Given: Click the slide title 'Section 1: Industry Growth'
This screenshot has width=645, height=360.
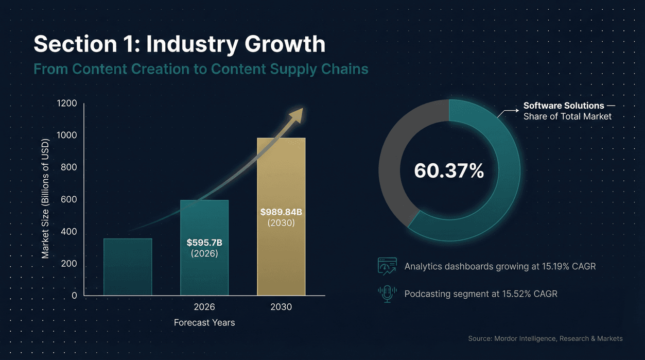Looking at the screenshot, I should (179, 44).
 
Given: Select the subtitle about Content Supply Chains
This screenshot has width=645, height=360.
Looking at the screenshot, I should (201, 68).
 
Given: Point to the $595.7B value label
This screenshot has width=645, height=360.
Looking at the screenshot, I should (204, 242).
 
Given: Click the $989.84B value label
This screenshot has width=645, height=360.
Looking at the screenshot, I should (281, 212).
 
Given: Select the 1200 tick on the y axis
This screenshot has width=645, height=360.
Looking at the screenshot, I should (67, 104).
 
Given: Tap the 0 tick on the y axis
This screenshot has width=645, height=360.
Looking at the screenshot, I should (74, 296).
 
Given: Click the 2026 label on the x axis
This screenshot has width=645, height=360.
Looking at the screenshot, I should (204, 307).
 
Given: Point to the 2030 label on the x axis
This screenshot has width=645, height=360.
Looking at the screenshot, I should (281, 307).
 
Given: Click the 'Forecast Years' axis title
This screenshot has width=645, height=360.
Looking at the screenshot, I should (204, 323).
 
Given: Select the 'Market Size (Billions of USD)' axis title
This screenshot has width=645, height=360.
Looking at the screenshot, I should (45, 199).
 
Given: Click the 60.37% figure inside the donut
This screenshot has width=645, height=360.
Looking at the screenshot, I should (449, 171).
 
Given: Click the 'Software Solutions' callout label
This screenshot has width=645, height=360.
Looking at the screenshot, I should (564, 106).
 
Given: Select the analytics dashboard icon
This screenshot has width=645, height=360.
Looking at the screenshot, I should (387, 266).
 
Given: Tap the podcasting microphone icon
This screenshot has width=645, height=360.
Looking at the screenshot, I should (387, 294).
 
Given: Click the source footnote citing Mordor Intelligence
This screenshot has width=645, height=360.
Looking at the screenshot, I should (545, 338).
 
